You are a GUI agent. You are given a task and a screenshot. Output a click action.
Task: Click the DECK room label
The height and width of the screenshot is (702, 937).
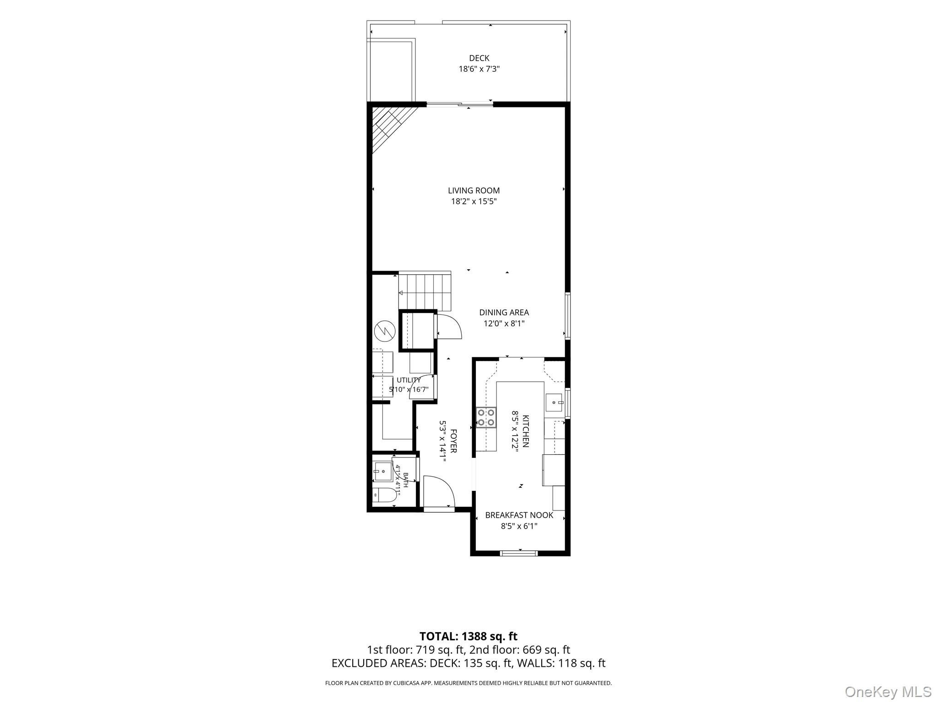479,58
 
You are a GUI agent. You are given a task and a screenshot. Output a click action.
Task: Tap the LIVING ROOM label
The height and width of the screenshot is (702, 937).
474,191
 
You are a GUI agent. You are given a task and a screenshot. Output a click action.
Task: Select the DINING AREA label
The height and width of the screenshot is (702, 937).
504,313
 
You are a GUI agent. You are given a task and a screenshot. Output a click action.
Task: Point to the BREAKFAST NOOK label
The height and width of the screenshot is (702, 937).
519,515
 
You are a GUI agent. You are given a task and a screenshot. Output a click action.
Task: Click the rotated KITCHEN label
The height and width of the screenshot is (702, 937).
526,431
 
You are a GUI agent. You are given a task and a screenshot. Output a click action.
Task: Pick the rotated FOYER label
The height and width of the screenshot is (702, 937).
453,441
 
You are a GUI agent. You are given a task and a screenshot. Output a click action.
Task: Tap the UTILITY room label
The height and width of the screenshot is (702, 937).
409,380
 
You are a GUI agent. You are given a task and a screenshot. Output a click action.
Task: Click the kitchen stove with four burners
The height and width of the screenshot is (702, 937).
486,417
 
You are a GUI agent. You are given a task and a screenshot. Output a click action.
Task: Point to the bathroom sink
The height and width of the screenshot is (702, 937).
382,471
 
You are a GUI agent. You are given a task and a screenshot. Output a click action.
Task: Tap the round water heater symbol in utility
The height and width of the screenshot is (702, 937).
384,331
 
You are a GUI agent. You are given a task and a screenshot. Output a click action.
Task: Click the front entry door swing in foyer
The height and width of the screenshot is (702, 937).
439,491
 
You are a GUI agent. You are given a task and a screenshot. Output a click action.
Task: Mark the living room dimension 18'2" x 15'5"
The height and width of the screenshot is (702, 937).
474,202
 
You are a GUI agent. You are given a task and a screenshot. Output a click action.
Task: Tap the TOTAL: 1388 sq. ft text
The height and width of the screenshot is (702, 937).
468,636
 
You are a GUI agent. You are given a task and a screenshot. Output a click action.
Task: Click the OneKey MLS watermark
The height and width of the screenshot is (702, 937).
888,691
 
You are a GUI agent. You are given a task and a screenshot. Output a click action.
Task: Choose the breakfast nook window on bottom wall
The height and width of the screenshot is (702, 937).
519,553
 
